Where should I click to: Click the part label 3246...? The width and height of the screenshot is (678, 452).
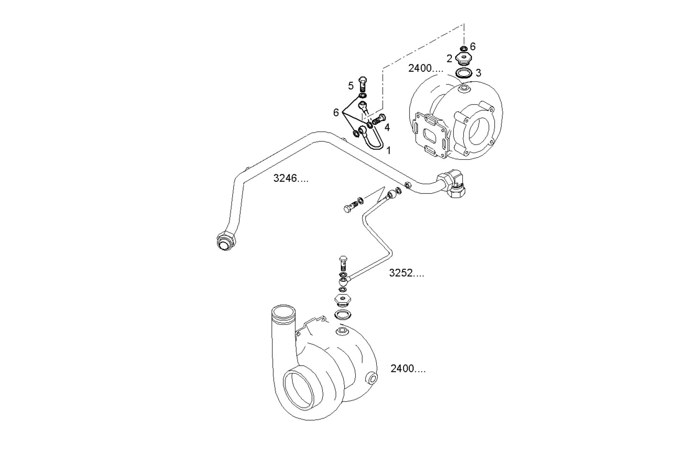tap(291, 178)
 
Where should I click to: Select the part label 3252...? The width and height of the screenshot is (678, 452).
tap(406, 273)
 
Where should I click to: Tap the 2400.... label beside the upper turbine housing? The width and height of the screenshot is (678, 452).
tap(426, 68)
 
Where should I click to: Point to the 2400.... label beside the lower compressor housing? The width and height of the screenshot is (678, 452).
tap(408, 369)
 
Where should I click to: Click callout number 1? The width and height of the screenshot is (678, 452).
tap(388, 150)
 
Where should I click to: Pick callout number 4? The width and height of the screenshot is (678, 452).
tap(387, 127)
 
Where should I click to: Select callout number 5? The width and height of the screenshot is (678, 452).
tap(351, 86)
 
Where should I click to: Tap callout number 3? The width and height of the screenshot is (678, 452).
tap(478, 73)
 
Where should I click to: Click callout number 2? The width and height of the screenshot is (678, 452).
tap(449, 59)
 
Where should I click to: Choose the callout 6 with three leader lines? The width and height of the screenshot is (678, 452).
tap(336, 112)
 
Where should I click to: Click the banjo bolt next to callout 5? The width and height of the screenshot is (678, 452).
tap(363, 84)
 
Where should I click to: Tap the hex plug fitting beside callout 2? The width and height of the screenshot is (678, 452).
tap(463, 58)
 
